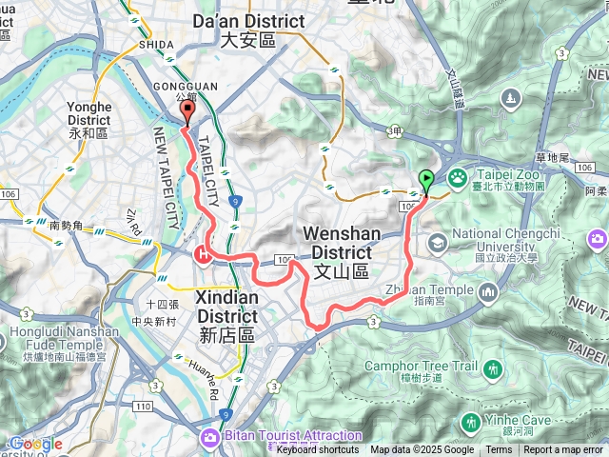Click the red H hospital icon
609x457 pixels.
tap(202, 253)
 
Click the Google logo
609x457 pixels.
tap(34, 444)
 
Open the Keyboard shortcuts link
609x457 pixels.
tap(318, 450)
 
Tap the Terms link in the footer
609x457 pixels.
tap(499, 450)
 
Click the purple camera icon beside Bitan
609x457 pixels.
tap(207, 437)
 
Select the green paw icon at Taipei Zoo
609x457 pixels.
tap(458, 176)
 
